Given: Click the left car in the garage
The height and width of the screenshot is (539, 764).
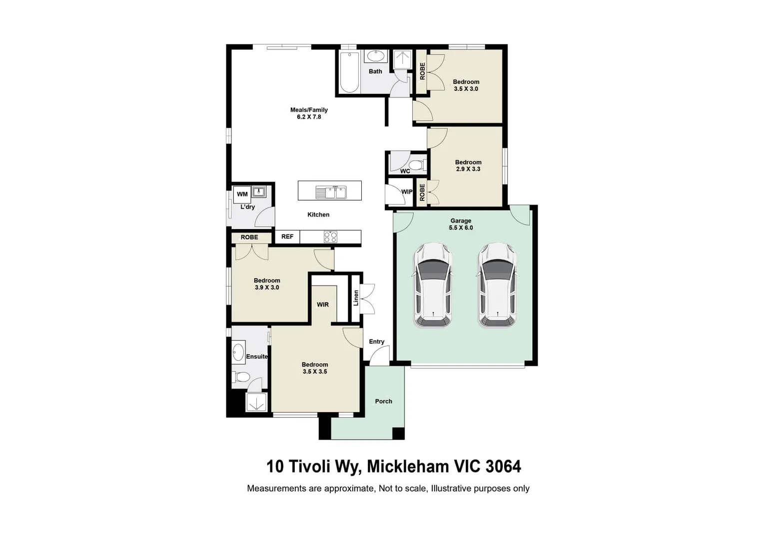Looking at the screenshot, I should (433, 285).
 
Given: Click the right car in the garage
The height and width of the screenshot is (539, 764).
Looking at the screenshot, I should (497, 285).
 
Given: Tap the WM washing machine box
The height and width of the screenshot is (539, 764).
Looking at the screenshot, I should (242, 194).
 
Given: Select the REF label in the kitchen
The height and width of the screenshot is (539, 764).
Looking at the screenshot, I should (287, 237).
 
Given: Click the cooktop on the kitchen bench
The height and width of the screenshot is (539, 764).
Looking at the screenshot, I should (330, 237).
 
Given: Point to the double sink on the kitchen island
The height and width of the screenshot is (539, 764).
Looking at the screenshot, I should (330, 192).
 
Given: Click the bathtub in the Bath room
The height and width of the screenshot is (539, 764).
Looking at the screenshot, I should (349, 72).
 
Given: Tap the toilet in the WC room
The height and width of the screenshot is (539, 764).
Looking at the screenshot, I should (416, 165).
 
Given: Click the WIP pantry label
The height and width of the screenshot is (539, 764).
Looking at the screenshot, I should (407, 192).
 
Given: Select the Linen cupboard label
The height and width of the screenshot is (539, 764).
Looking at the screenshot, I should (356, 298).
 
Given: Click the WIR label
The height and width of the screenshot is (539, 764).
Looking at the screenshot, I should (323, 304).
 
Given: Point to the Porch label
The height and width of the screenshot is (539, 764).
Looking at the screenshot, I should (384, 401).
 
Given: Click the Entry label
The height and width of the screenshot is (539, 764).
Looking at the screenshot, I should (377, 342).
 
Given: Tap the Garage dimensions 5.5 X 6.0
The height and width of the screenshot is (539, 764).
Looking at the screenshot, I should (461, 228).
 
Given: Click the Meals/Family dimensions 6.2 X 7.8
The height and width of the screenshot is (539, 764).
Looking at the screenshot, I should (309, 117).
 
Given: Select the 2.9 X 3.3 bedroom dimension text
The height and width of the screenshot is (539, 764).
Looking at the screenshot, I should (468, 169).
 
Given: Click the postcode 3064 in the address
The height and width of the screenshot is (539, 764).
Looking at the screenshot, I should (503, 467).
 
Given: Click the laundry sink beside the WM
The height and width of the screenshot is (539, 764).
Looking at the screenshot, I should (259, 191).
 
